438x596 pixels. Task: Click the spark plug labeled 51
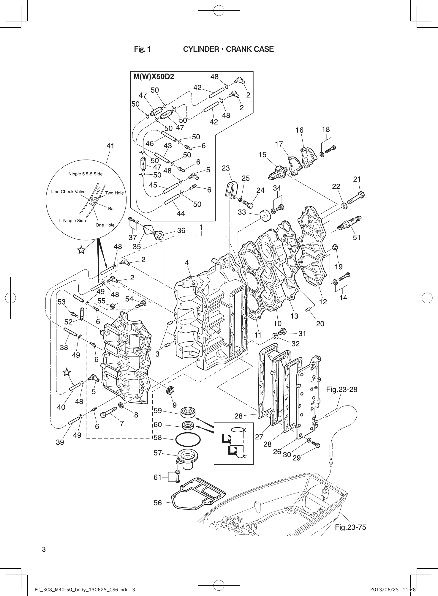[x=350, y=223]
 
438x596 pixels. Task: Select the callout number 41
[x=110, y=146]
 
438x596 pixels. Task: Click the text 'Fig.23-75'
[x=350, y=527]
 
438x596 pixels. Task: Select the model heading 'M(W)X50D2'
[x=154, y=76]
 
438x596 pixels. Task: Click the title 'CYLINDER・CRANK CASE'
[x=228, y=49]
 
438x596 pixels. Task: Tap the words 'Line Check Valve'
[x=68, y=192]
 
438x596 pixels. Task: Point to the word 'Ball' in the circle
[x=112, y=209]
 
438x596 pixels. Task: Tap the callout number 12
[x=323, y=302]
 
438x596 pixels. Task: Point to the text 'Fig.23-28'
[x=341, y=389]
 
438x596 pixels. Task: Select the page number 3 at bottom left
[x=44, y=549]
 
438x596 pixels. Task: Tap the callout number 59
[x=158, y=411]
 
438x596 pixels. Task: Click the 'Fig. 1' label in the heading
[x=142, y=49]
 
